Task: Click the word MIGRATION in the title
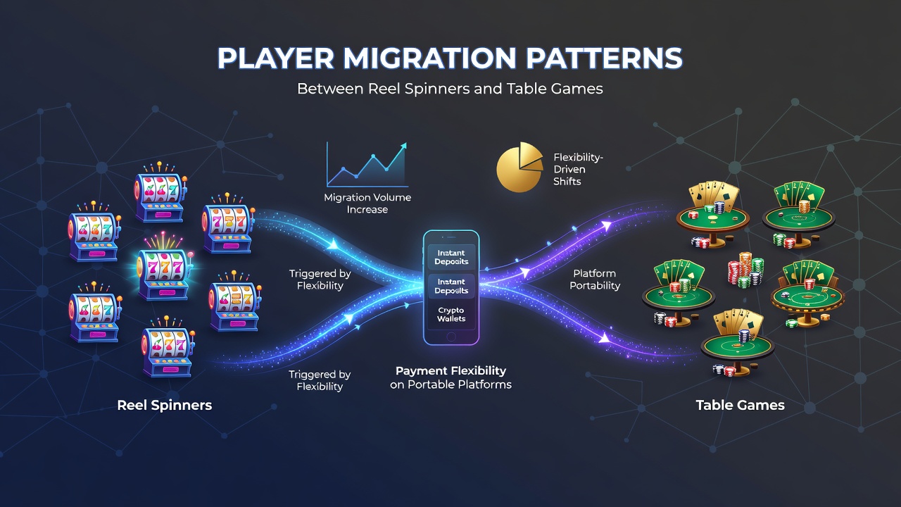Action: click(429, 58)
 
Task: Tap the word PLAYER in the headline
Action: click(276, 58)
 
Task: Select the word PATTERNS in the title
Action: click(604, 58)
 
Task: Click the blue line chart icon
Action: click(367, 165)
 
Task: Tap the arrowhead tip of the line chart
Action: click(406, 143)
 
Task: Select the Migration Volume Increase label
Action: click(367, 204)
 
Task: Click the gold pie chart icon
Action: click(519, 167)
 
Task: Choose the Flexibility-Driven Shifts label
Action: click(578, 170)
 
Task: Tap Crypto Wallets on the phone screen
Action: click(451, 315)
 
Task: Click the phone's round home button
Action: click(451, 337)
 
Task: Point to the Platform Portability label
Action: click(595, 280)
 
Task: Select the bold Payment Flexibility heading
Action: click(451, 370)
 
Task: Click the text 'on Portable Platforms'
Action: click(451, 384)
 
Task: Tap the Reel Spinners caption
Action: click(165, 405)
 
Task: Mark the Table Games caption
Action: click(740, 405)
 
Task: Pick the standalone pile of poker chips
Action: click(745, 270)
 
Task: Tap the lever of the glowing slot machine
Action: click(189, 261)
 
